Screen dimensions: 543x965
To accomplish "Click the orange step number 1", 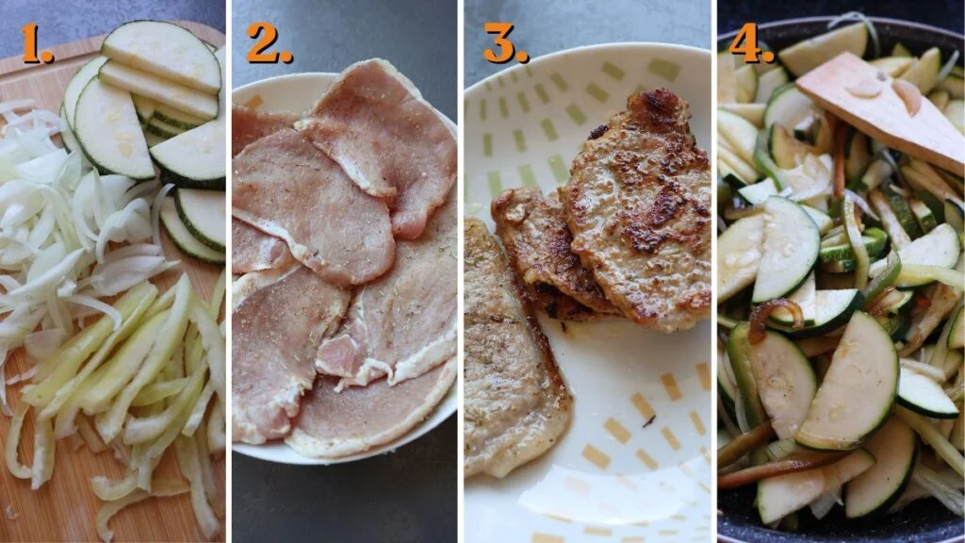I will point(36,43).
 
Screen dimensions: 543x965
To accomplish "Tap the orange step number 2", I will point(268,43).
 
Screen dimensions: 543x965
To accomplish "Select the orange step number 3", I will point(505,43).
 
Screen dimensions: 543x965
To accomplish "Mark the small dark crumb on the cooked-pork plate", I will point(650,421).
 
